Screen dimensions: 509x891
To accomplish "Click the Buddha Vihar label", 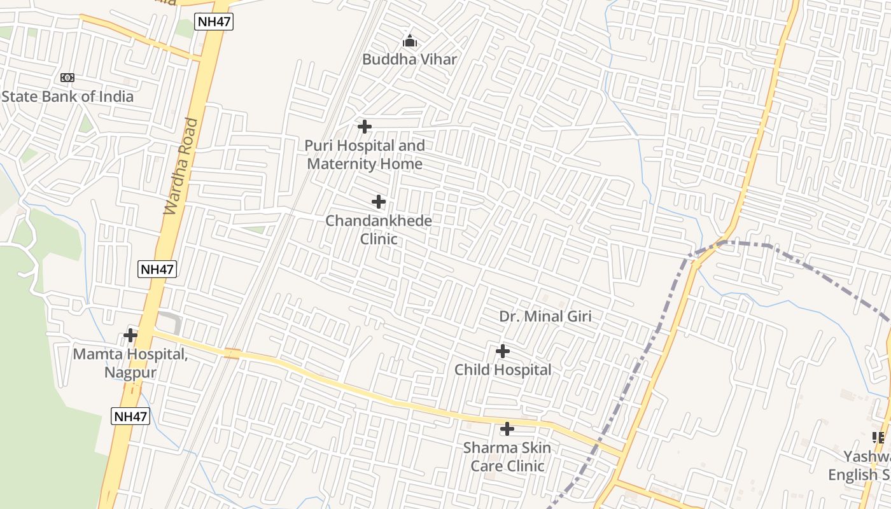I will tap(409, 59).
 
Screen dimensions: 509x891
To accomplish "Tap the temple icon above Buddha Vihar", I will tap(410, 41).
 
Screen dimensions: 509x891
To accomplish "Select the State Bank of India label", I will tap(67, 97).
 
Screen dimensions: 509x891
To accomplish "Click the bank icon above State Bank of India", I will tap(67, 78).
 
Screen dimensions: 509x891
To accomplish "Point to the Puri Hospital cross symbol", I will tap(364, 127).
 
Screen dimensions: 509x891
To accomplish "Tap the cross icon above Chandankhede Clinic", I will tap(378, 202).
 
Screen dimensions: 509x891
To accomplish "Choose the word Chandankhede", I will tap(379, 221).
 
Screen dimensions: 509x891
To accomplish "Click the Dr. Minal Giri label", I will tap(545, 316).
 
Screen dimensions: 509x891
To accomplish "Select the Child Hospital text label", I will tap(503, 370).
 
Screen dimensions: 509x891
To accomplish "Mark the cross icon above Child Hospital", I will tap(502, 351).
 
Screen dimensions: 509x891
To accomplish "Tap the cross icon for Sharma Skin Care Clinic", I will tap(507, 429).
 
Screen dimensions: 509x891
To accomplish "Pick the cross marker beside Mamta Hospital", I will tap(130, 335).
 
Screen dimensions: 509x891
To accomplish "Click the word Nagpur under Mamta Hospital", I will tap(130, 372).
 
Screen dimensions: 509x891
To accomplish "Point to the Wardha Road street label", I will tap(181, 165).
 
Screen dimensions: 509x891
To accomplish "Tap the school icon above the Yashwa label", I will tap(878, 437).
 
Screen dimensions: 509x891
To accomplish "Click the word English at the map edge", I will tap(852, 475).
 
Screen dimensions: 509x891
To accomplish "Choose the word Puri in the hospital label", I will tap(318, 146).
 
